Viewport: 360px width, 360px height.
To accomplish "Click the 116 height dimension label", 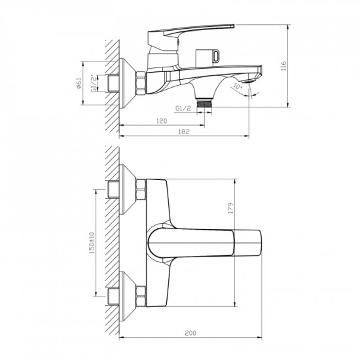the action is click(x=284, y=65).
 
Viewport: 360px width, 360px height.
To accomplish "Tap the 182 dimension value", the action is click(x=184, y=132).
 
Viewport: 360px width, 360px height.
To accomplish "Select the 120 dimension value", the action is click(x=162, y=121).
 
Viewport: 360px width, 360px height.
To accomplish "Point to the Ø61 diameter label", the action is click(x=79, y=83).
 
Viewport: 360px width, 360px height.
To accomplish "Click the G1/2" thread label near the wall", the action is click(x=94, y=83).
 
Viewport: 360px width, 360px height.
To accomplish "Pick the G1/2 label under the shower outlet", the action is click(x=183, y=108).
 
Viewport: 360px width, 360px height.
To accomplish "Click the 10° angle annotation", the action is click(x=238, y=87).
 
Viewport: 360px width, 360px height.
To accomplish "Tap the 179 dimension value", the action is click(x=230, y=208).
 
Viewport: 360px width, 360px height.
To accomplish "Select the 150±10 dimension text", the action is click(x=92, y=242).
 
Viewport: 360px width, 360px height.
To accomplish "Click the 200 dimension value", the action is click(x=190, y=333).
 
